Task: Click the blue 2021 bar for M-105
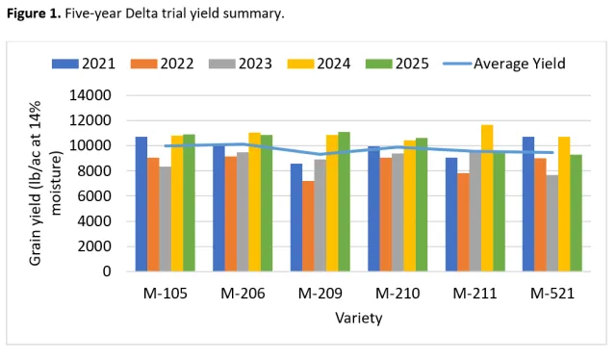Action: (141, 204)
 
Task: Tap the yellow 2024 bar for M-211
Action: (487, 198)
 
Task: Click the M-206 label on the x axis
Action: (243, 292)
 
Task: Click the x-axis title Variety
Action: (358, 316)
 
